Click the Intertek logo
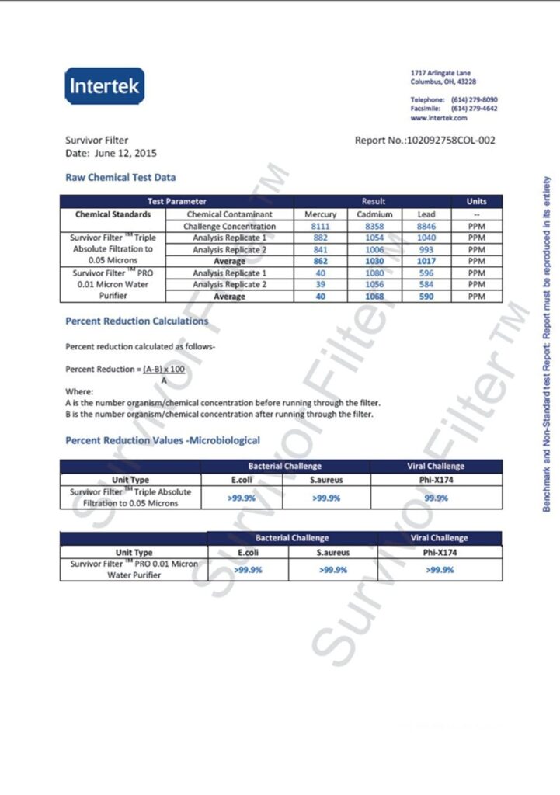coord(104,85)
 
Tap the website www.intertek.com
coord(439,118)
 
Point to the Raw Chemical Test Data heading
coord(120,178)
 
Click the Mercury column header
coord(320,214)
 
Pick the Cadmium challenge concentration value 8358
coord(374,226)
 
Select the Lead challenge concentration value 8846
coord(426,226)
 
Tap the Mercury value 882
coord(320,238)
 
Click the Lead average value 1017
coord(426,262)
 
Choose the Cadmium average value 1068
coord(374,297)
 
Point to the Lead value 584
coord(426,285)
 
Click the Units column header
coord(476,202)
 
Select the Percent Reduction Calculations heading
coord(137,321)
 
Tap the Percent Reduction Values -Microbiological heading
coord(162,441)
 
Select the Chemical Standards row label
coord(113,214)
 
